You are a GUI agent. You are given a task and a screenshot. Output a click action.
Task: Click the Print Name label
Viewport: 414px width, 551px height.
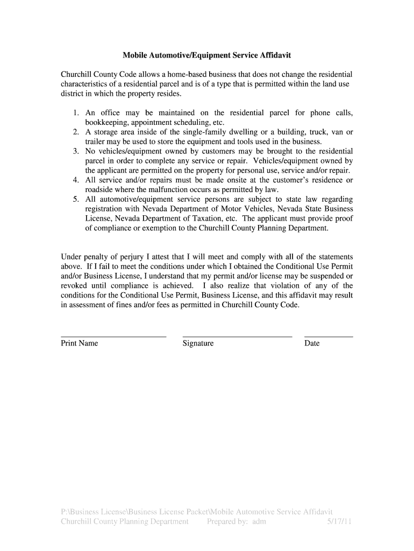click(x=80, y=343)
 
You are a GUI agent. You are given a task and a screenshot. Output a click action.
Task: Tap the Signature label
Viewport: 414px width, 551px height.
click(x=198, y=343)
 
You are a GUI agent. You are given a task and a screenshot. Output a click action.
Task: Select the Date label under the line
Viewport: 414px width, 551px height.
click(x=312, y=343)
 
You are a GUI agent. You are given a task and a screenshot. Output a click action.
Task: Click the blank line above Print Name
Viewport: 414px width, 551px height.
click(x=113, y=337)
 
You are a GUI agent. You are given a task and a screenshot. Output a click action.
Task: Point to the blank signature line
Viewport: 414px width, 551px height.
click(x=237, y=337)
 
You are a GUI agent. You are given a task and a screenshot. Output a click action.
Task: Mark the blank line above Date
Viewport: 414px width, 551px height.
click(x=329, y=337)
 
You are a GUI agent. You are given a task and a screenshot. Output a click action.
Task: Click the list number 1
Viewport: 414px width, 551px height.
click(x=76, y=113)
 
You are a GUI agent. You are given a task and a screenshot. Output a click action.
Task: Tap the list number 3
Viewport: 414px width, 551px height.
click(x=76, y=151)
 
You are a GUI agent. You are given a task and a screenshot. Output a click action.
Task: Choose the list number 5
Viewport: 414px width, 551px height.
click(x=76, y=199)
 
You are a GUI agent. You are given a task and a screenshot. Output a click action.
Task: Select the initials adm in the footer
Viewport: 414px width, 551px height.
click(x=259, y=521)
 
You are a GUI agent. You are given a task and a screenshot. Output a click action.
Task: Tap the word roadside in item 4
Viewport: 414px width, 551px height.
click(x=99, y=189)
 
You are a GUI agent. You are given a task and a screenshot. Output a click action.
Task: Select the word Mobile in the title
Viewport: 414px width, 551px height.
click(x=135, y=55)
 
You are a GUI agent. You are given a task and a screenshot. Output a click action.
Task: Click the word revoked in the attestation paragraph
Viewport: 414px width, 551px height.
click(x=74, y=286)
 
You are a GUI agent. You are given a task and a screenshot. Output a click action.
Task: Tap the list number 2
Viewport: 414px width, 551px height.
click(x=76, y=132)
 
